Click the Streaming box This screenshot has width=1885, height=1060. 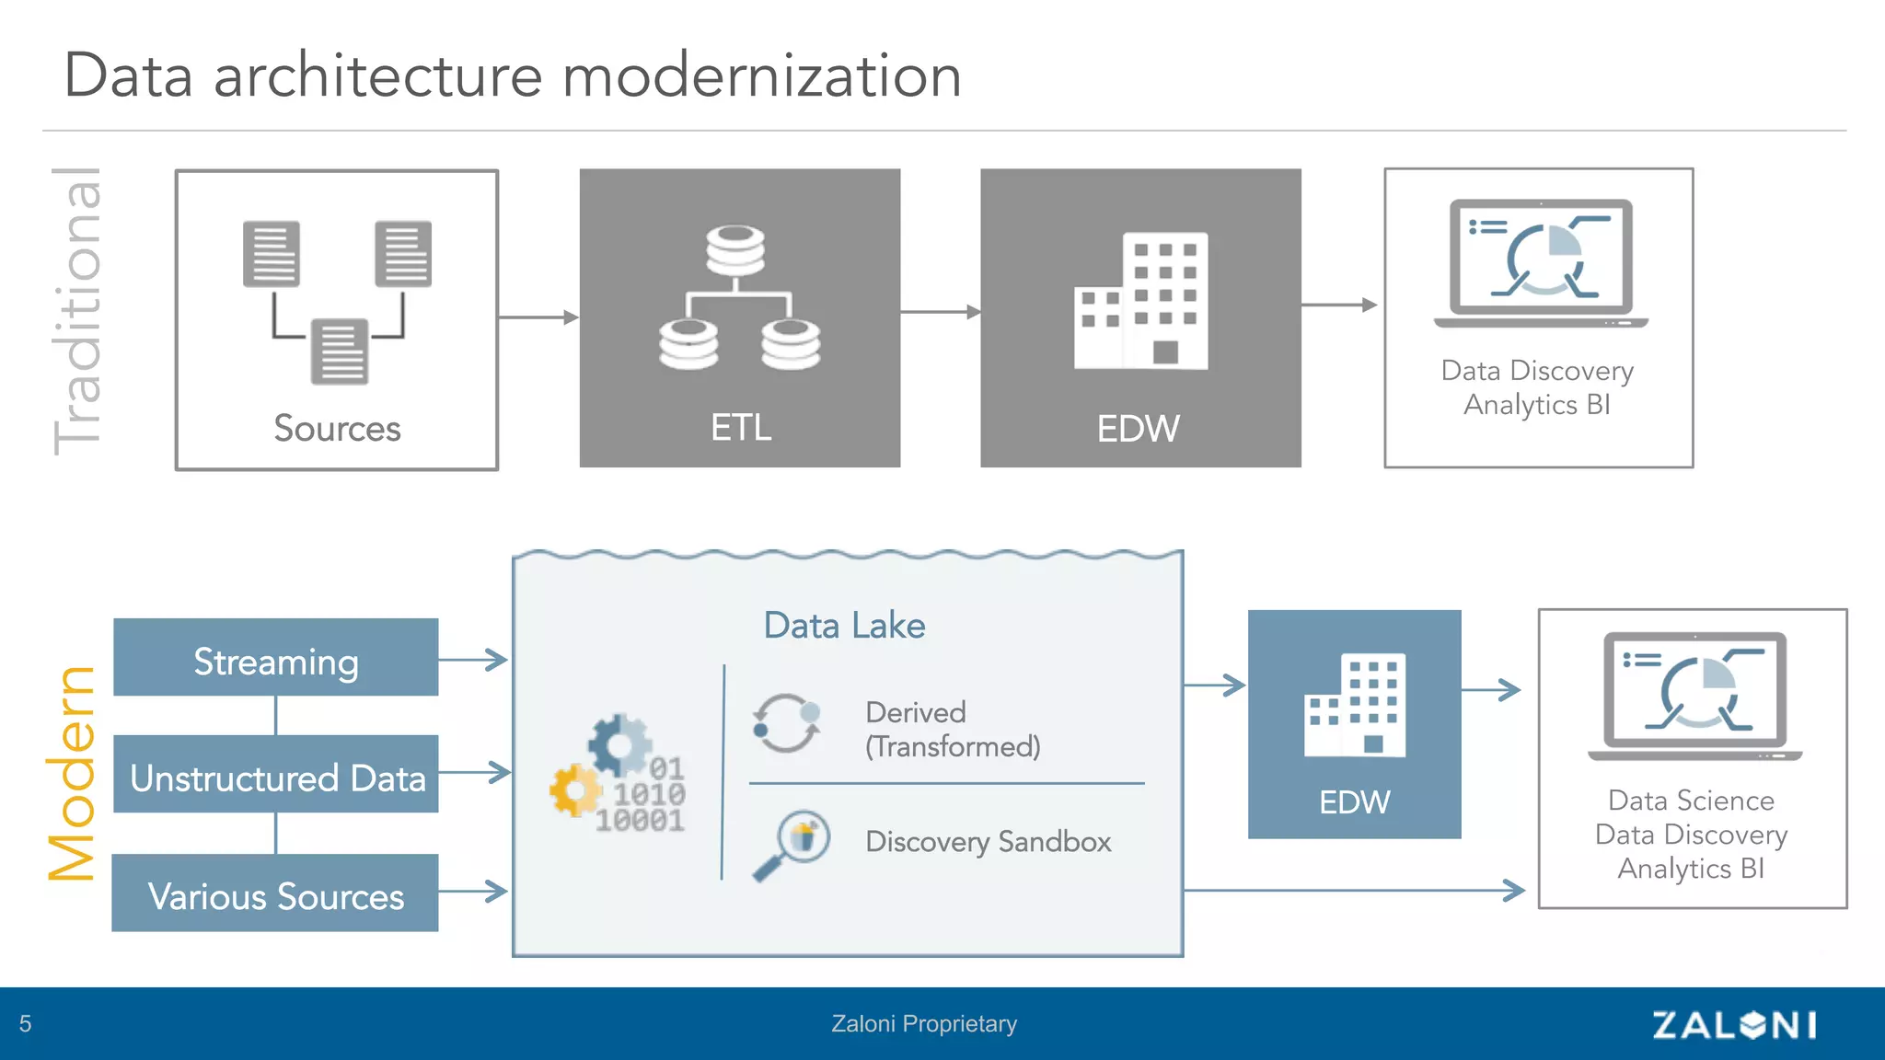point(275,658)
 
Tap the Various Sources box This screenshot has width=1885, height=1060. point(275,893)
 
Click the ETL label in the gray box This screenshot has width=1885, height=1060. point(740,428)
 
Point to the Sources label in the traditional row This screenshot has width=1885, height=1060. point(337,429)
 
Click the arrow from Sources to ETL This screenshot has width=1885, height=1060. point(538,317)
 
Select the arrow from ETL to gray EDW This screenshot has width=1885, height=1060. point(940,312)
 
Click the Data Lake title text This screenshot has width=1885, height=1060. point(844,626)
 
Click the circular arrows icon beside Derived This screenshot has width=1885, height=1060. point(786,723)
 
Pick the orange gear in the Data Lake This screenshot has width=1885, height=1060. point(575,789)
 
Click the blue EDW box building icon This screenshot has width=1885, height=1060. point(1355,705)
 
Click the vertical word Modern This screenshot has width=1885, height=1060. point(72,773)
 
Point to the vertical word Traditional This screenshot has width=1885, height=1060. point(77,311)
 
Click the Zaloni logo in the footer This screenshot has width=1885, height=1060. point(1734,1024)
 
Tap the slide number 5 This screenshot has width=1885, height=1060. point(26,1024)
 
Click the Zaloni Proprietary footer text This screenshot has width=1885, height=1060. point(924,1024)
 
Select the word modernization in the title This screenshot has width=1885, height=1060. point(761,75)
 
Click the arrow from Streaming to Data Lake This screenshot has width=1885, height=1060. point(473,660)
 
